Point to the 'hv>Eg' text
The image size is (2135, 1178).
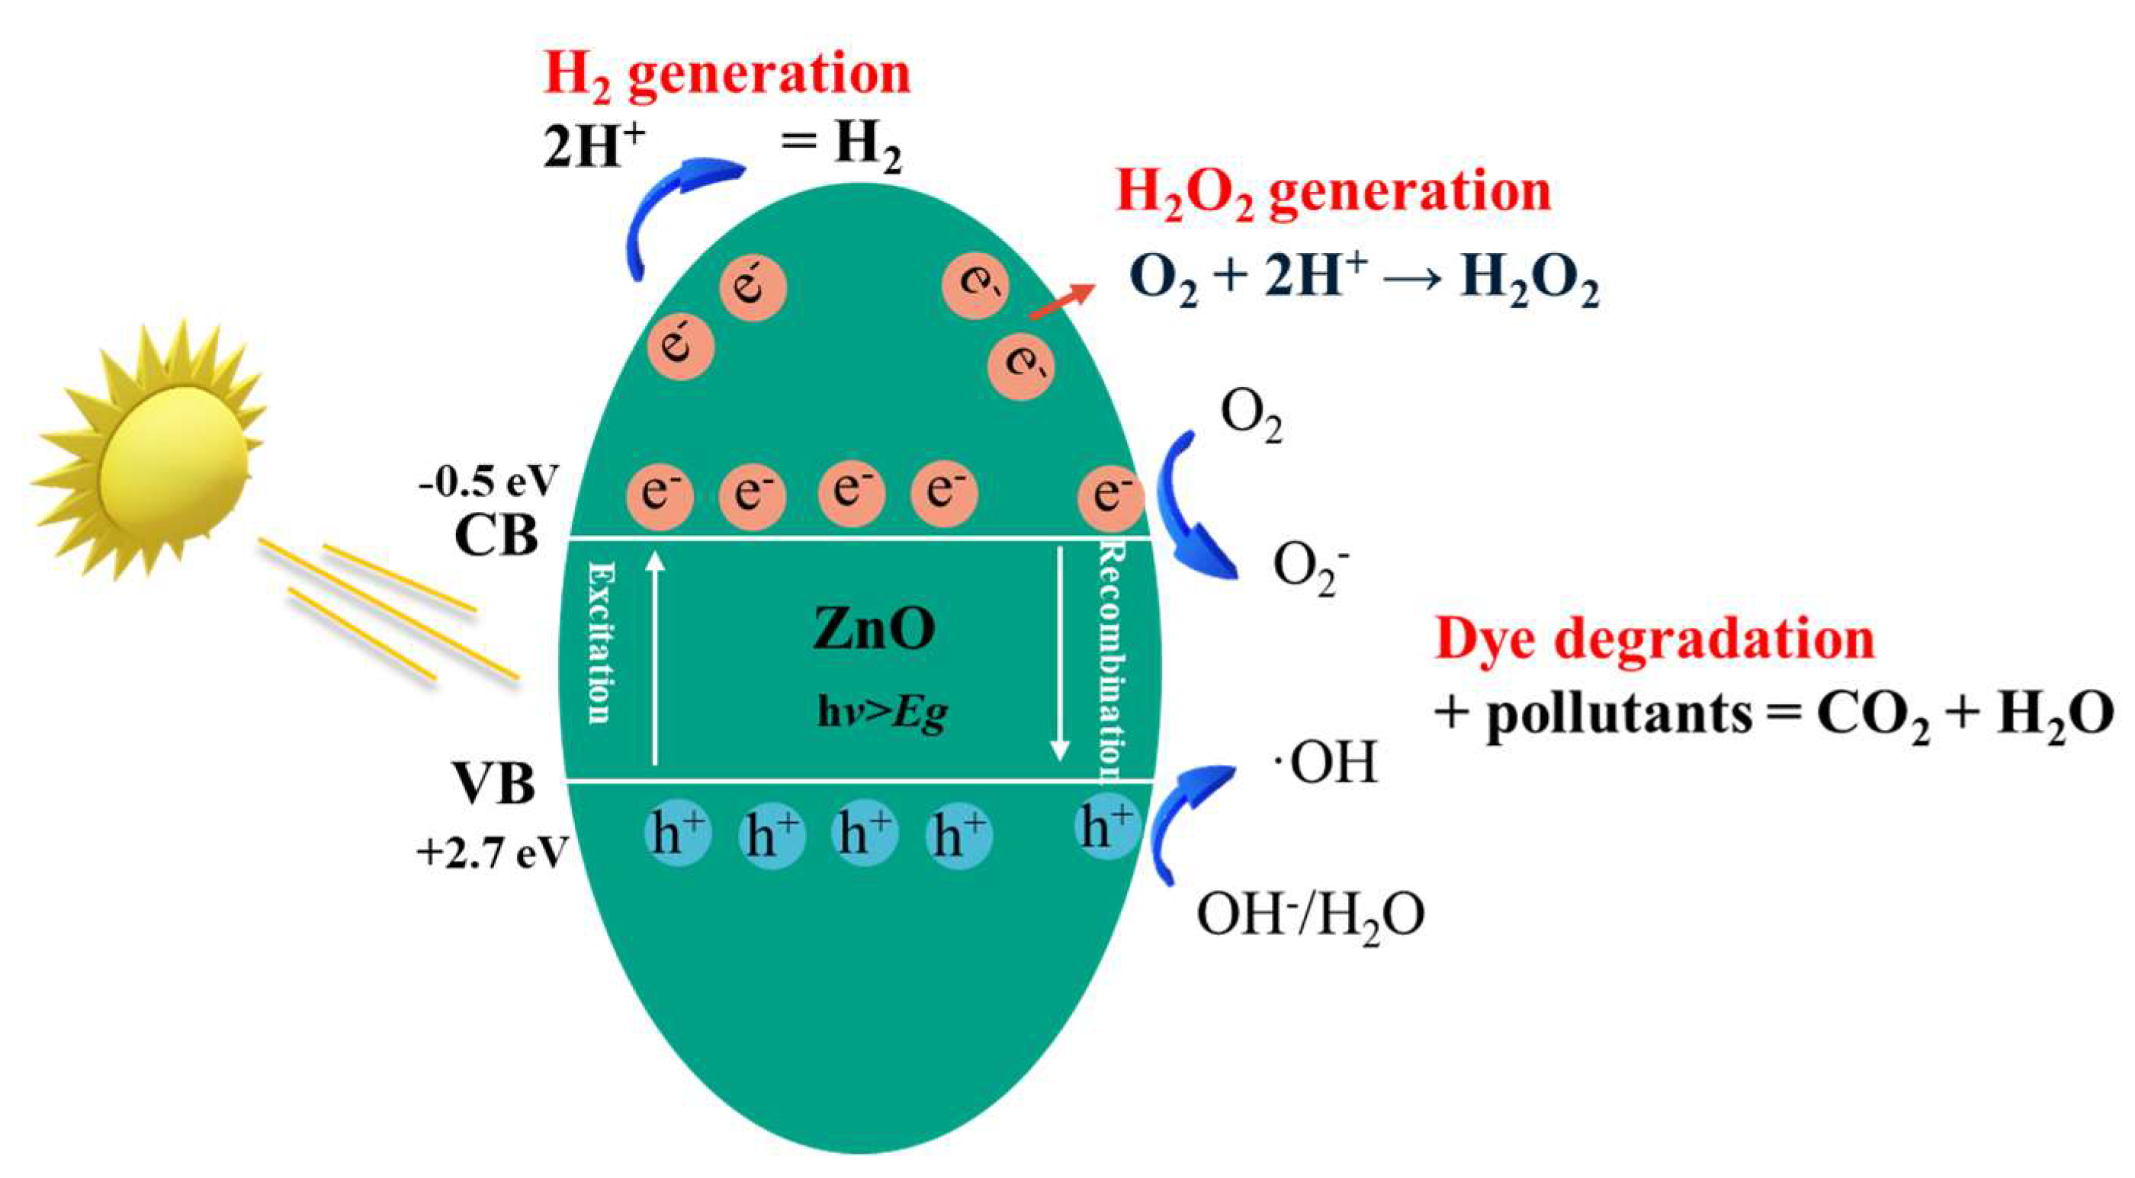click(x=882, y=713)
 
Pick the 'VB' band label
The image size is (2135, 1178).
click(x=494, y=783)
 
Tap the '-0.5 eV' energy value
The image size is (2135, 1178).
click(x=489, y=481)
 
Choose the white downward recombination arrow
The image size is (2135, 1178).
click(x=1059, y=655)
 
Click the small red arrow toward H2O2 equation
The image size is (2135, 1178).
click(x=1061, y=302)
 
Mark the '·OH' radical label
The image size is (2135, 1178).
click(x=1325, y=763)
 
